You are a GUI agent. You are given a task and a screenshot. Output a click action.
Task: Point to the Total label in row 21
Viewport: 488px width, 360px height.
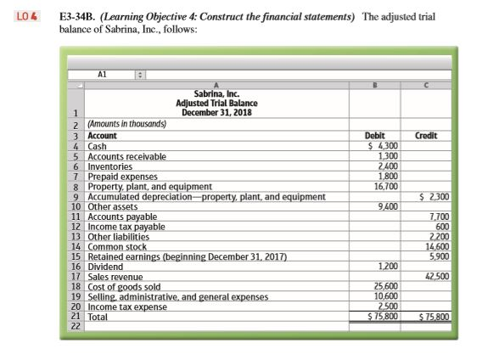tap(99, 316)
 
